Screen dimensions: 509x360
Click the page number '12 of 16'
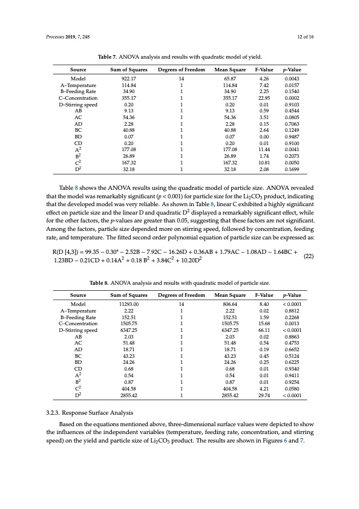(x=305, y=37)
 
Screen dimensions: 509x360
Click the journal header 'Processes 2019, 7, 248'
(x=68, y=37)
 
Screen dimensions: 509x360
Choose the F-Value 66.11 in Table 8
(x=263, y=331)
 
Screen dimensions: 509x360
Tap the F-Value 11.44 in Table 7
(x=263, y=149)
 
